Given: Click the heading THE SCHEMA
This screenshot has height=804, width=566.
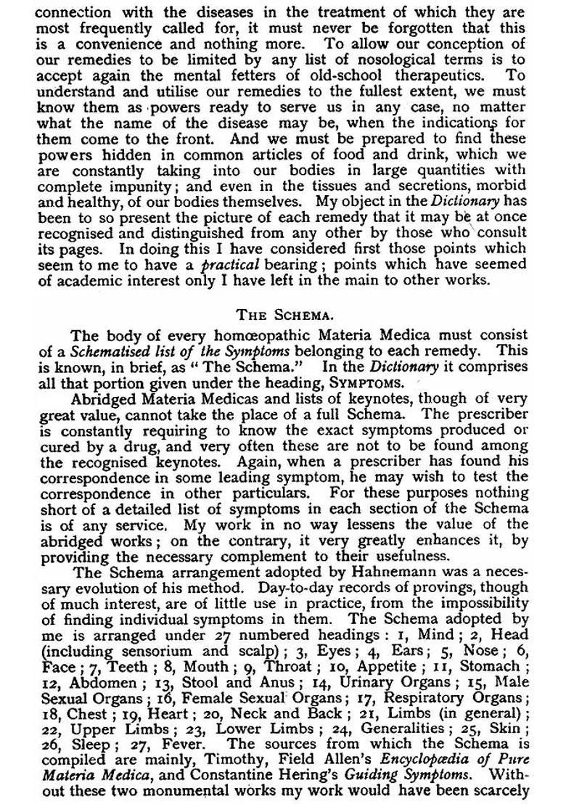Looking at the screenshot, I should click(x=282, y=316).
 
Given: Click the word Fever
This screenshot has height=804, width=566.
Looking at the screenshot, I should click(x=176, y=747).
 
